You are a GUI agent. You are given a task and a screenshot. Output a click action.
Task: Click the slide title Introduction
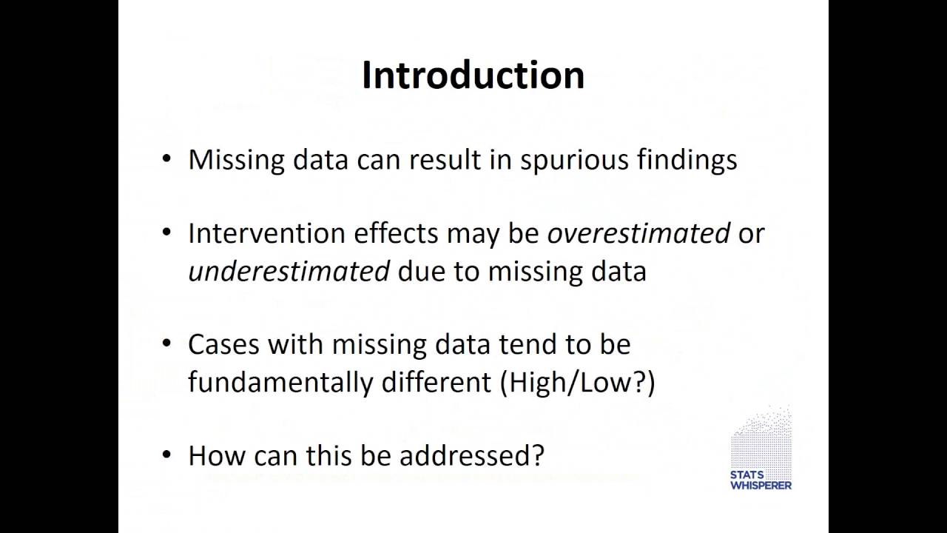tap(473, 76)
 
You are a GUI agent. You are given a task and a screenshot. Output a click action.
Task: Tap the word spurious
tap(574, 160)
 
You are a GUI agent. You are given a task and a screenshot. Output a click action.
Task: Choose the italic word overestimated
tap(638, 233)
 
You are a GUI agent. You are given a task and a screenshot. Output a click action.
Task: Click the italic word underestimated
tap(289, 272)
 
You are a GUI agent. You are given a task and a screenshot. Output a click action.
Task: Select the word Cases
tap(223, 344)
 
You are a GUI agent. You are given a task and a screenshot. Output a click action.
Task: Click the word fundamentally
tap(280, 383)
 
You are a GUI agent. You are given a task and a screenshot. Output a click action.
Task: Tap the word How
tap(213, 455)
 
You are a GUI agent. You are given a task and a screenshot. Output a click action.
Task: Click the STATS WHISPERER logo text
tap(761, 480)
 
